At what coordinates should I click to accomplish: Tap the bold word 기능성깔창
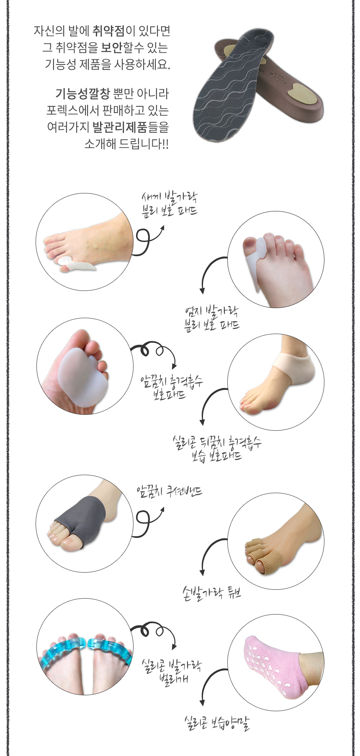click(83, 94)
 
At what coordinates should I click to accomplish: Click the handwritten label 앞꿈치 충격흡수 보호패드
click(172, 387)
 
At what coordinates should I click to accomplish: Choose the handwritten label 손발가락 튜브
click(212, 593)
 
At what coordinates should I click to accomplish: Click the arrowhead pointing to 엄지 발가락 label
click(202, 291)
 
